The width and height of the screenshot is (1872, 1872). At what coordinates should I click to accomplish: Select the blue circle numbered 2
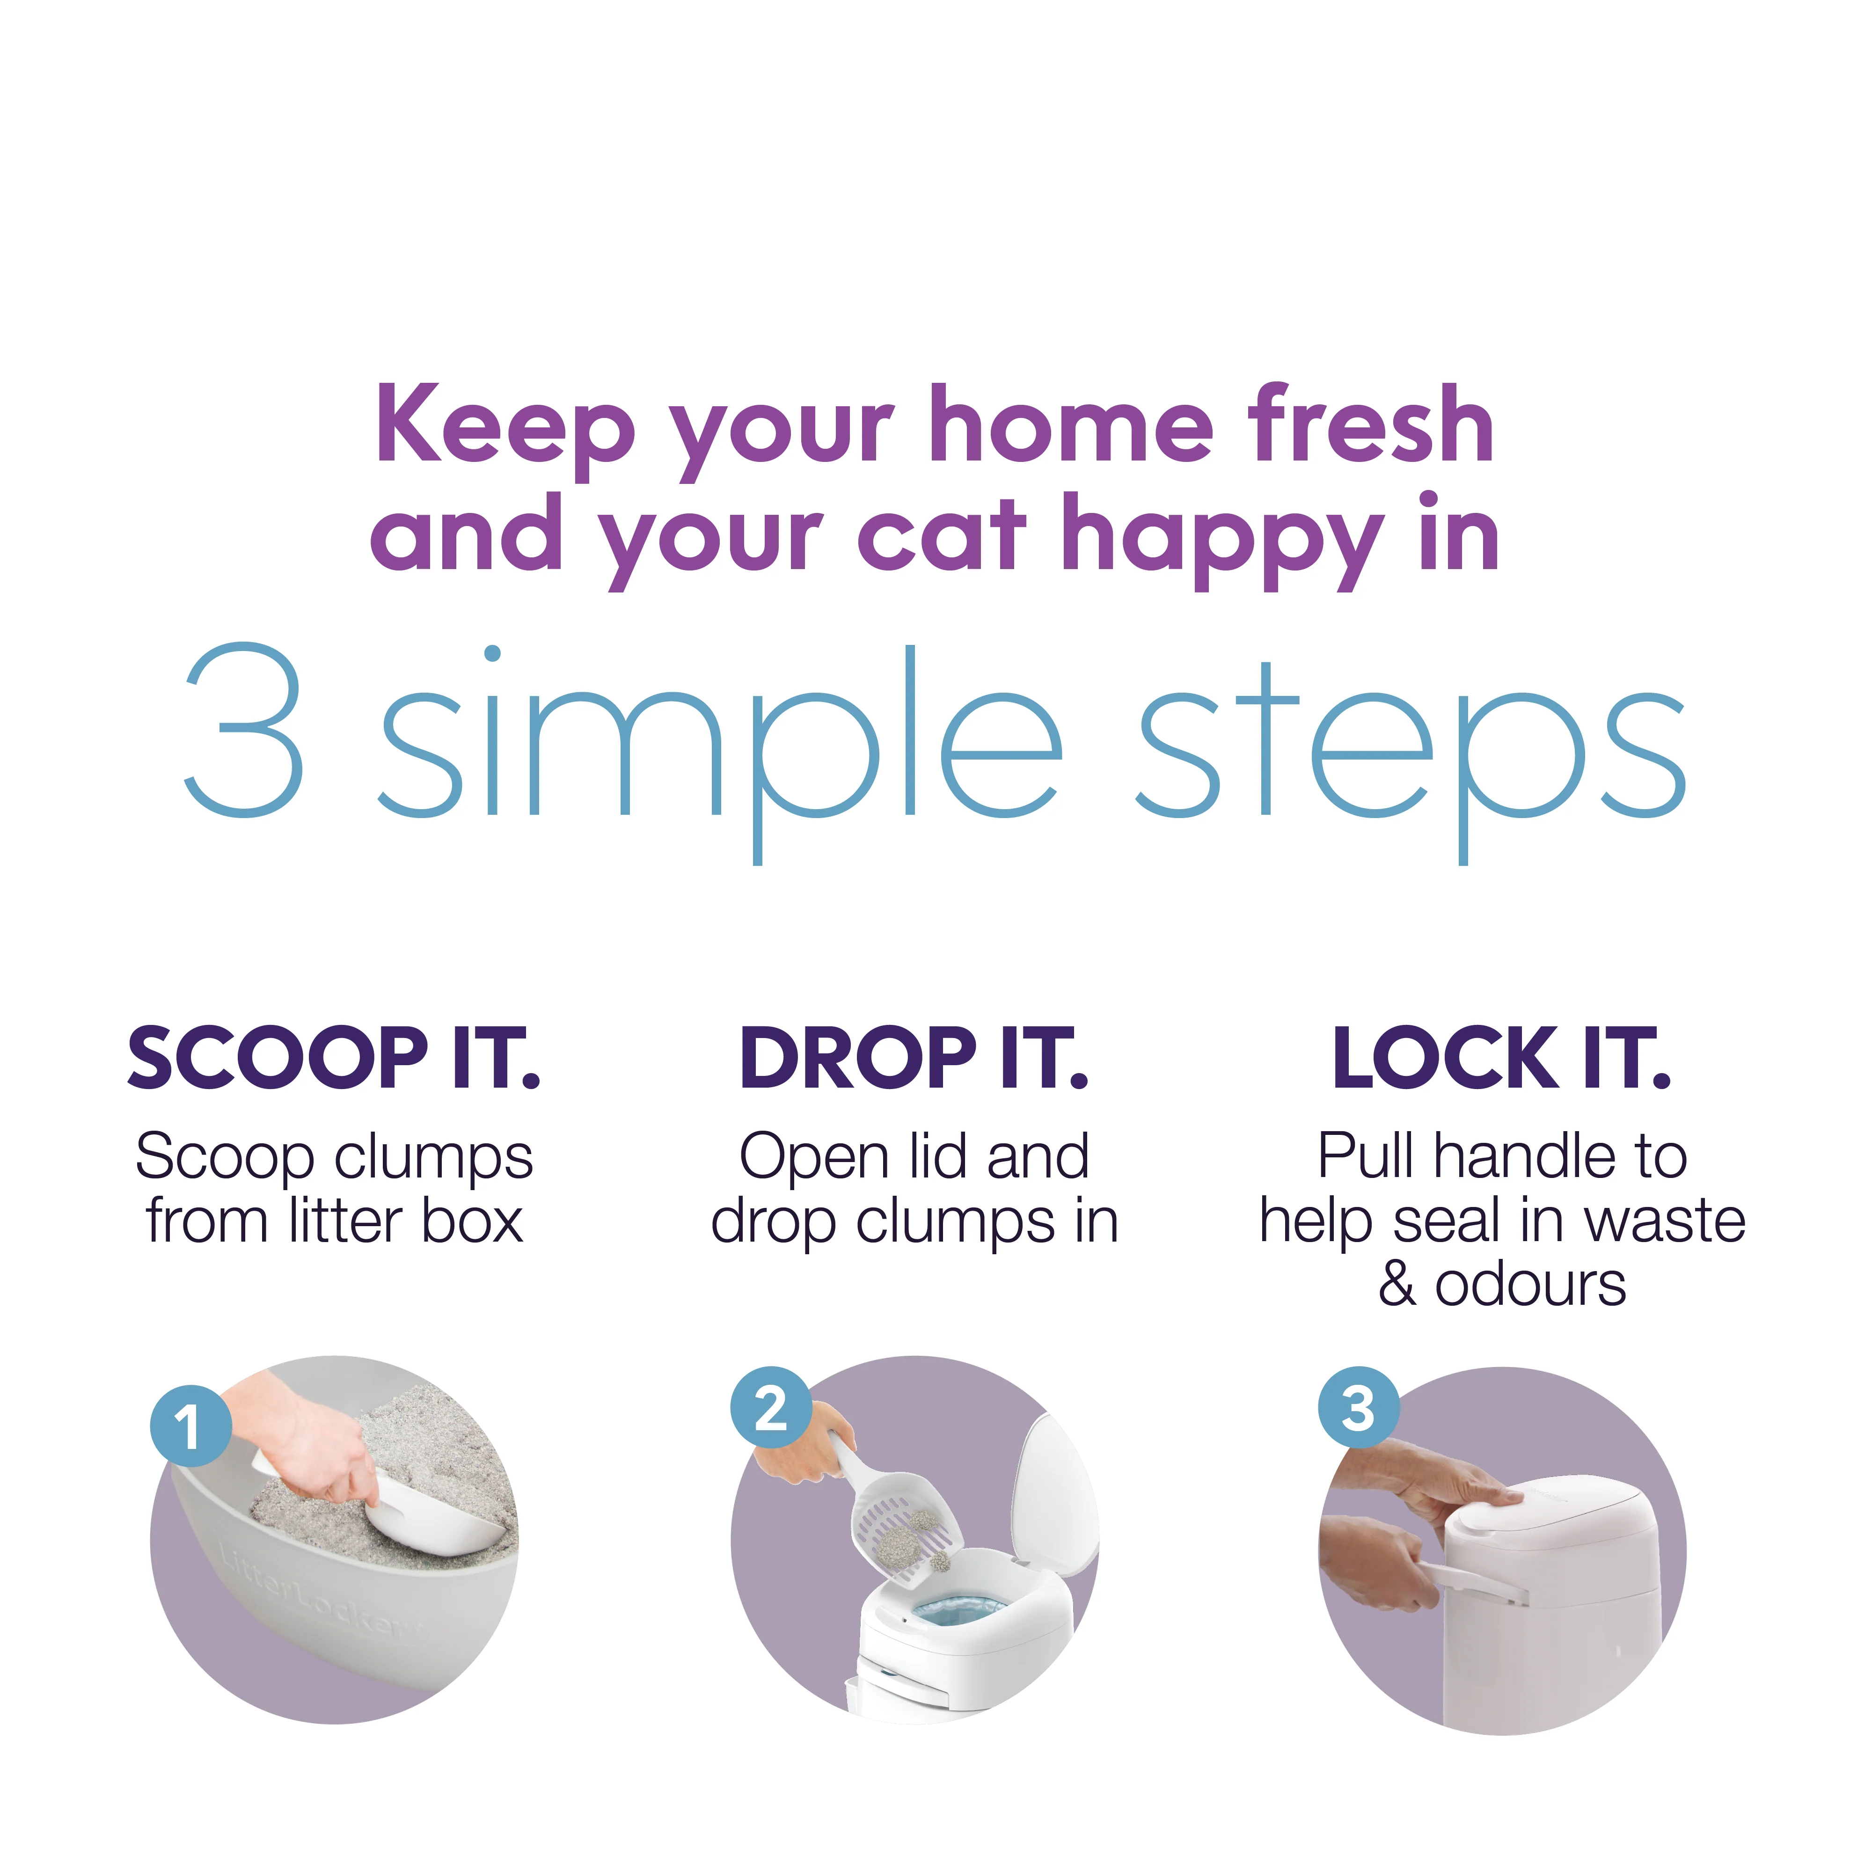pyautogui.click(x=770, y=1408)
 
